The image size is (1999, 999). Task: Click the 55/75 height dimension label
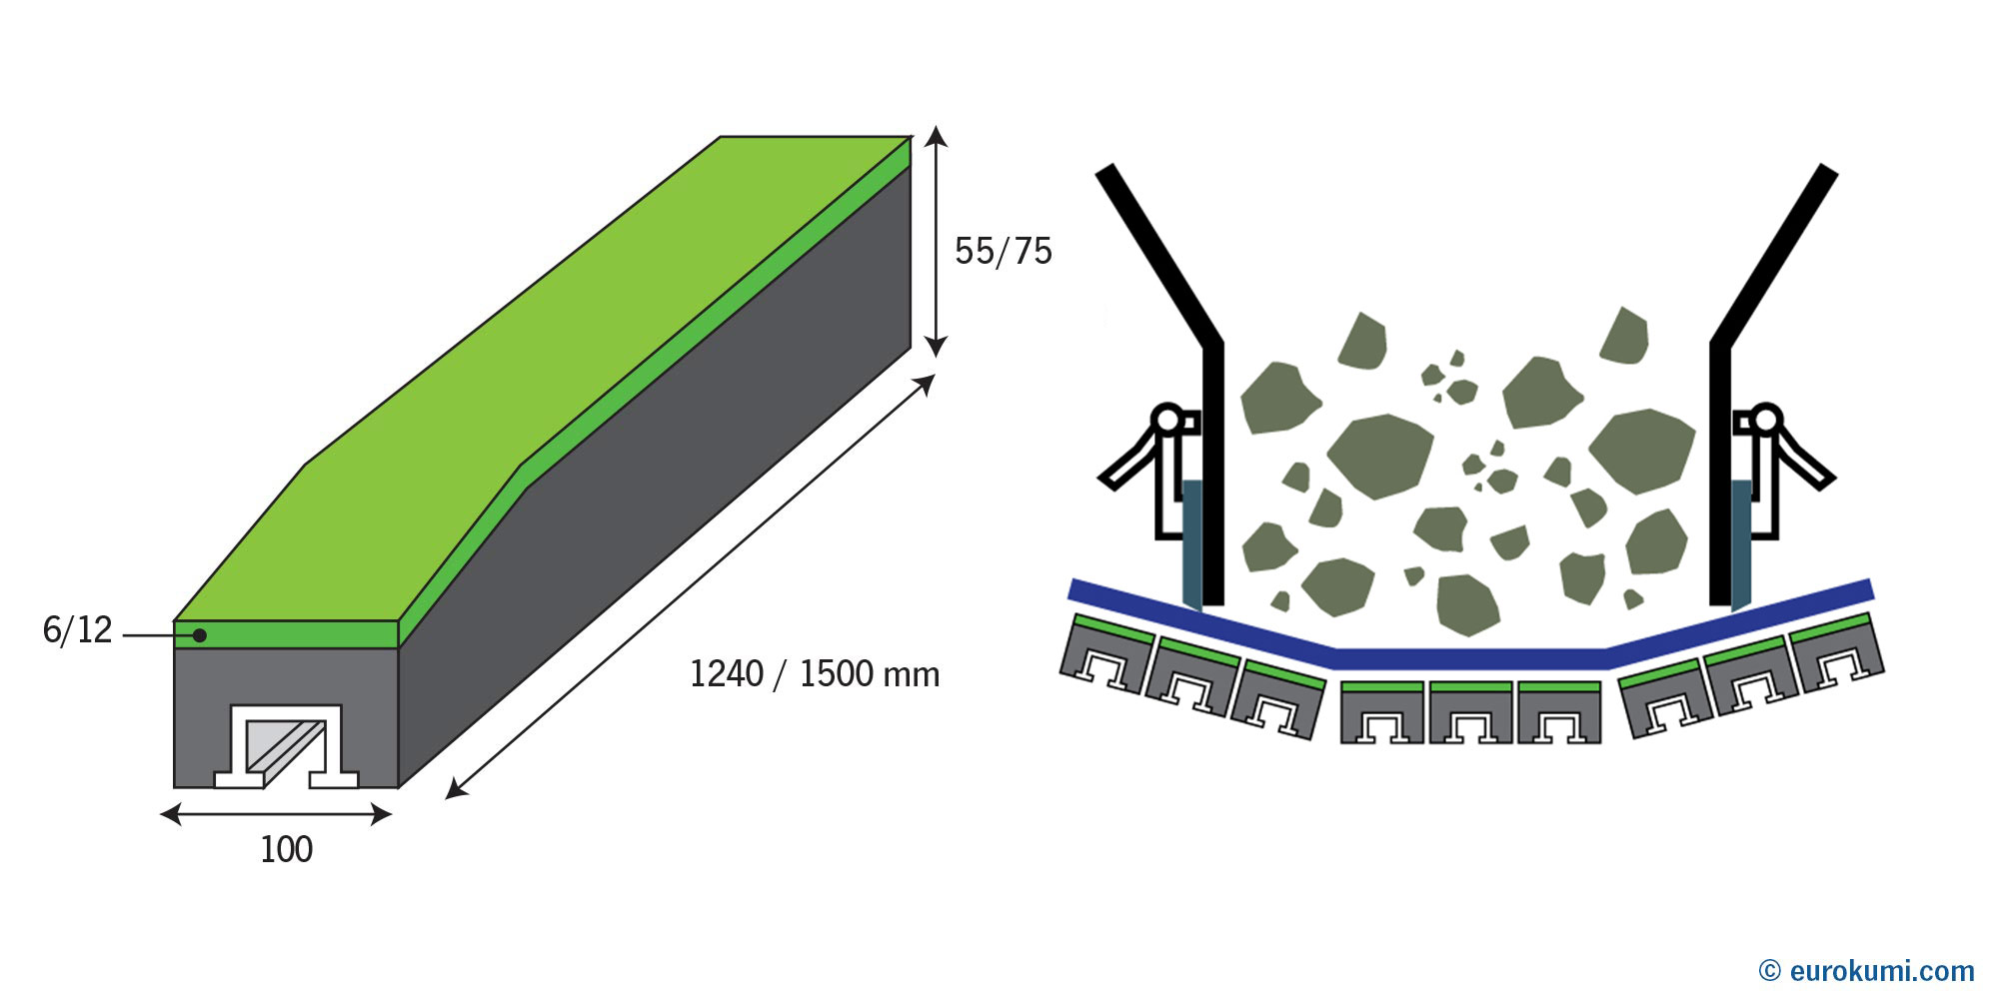(1002, 251)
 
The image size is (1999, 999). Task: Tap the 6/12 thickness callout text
(78, 630)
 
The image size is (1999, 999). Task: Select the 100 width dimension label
(286, 850)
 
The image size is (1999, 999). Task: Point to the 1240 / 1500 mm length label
(815, 674)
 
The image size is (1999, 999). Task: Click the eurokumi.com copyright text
(1866, 970)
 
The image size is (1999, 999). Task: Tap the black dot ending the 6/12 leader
(200, 635)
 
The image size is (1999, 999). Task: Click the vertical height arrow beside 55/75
(935, 241)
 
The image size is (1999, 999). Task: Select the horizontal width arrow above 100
(276, 815)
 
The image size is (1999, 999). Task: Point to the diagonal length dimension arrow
(690, 586)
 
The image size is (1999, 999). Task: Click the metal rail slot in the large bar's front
(286, 746)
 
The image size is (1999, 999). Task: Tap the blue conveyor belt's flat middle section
(1470, 659)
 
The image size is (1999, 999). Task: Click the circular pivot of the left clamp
(1166, 419)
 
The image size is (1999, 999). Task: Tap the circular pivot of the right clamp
(1767, 419)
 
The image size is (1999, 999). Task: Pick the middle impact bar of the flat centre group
(1470, 712)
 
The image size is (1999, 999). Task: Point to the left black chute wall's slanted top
(1159, 254)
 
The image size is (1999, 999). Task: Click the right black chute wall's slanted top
(1774, 254)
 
